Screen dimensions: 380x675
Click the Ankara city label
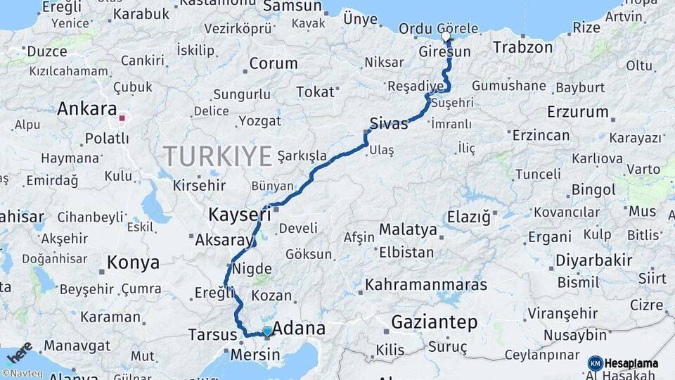[86, 109]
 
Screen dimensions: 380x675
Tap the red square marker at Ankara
[122, 118]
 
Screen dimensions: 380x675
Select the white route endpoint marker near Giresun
[446, 36]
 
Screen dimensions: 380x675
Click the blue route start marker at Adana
[267, 331]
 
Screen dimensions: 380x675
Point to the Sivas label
[389, 124]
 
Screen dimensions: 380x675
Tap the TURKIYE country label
[217, 156]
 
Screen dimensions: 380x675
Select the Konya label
[133, 263]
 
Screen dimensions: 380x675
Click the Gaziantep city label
[434, 323]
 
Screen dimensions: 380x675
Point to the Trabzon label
[523, 48]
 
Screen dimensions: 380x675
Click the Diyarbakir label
[594, 260]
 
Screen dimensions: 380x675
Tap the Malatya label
[408, 229]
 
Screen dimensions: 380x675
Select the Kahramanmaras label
[426, 285]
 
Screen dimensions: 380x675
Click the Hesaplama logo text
[631, 364]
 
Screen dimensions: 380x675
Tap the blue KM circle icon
[595, 363]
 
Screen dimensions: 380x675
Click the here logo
[20, 351]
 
